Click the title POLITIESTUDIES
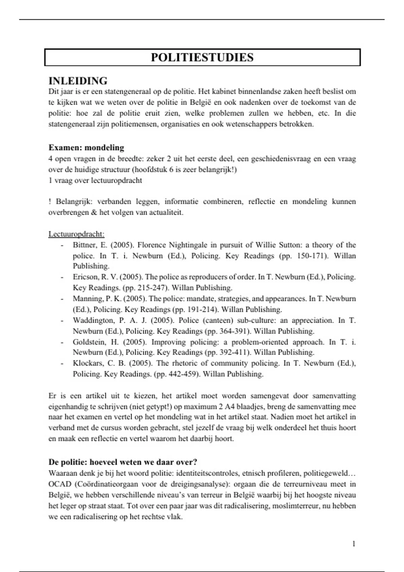click(202, 58)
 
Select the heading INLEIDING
click(78, 81)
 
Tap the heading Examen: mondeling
click(86, 148)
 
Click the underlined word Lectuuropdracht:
click(76, 234)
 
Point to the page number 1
click(354, 544)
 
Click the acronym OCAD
click(60, 484)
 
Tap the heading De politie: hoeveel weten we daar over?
click(123, 462)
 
